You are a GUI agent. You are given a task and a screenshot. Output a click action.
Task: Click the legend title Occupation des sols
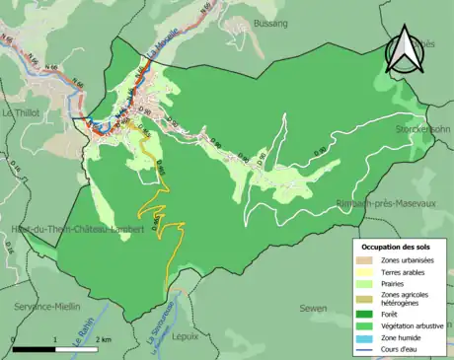pos(395,246)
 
